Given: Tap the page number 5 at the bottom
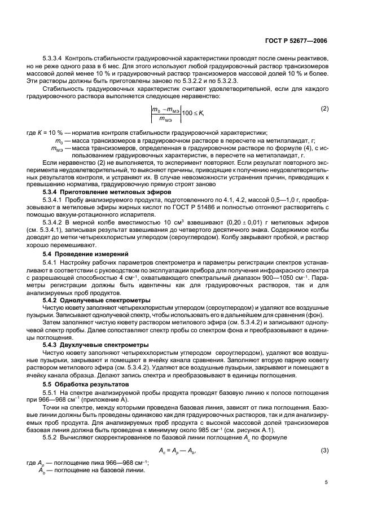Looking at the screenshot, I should pos(327,482).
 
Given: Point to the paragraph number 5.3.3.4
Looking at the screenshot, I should pos(52,59).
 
